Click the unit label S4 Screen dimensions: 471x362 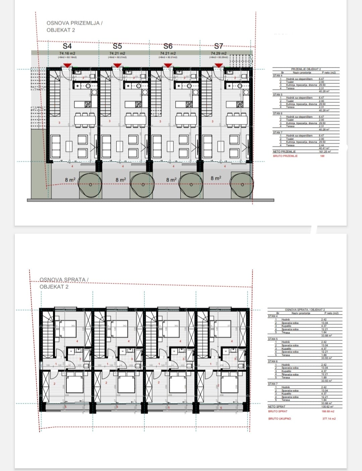pyautogui.click(x=67, y=46)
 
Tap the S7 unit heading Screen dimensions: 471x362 pyautogui.click(x=219, y=46)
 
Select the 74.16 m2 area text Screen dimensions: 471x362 pyautogui.click(x=67, y=53)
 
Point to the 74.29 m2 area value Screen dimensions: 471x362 pyautogui.click(x=219, y=53)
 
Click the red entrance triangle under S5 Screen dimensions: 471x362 pyautogui.click(x=117, y=65)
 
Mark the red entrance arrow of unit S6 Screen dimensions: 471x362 pyautogui.click(x=168, y=65)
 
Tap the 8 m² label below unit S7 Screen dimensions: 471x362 pyautogui.click(x=216, y=178)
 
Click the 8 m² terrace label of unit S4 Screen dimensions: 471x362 pyautogui.click(x=70, y=180)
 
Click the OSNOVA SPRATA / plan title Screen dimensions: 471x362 pyautogui.click(x=64, y=279)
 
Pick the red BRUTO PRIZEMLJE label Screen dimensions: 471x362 pyautogui.click(x=285, y=156)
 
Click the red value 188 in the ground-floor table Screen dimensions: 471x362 pyautogui.click(x=322, y=156)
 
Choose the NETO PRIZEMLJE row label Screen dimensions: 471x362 pyautogui.click(x=284, y=152)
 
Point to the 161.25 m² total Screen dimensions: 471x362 pyautogui.click(x=324, y=152)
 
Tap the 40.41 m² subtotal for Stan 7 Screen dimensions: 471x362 pyautogui.click(x=324, y=148)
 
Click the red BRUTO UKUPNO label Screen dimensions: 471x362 pyautogui.click(x=280, y=419)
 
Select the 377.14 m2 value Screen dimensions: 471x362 pyautogui.click(x=329, y=419)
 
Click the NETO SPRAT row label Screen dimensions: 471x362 pyautogui.click(x=277, y=407)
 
